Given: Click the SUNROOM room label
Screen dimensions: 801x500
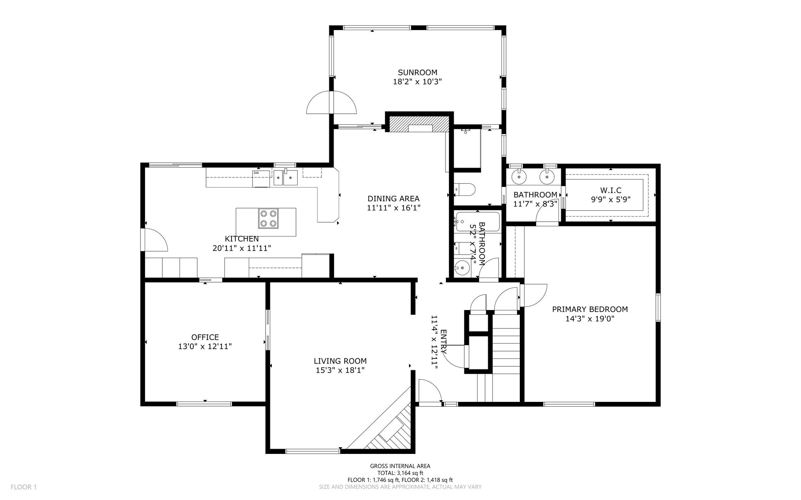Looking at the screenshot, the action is [x=417, y=72].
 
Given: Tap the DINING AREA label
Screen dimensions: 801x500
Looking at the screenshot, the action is [x=393, y=199].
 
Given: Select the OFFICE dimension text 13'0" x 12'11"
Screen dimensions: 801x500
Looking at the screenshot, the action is [x=205, y=346].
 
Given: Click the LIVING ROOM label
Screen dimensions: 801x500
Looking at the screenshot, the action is [x=340, y=361].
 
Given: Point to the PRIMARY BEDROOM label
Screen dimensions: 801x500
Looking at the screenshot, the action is [x=590, y=309].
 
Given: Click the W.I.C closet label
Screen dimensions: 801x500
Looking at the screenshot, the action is [x=611, y=190].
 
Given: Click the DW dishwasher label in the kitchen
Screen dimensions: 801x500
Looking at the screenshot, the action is [x=256, y=173].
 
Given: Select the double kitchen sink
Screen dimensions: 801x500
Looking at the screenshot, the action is [x=285, y=177].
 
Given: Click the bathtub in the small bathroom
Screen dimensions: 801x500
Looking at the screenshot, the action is [x=477, y=222].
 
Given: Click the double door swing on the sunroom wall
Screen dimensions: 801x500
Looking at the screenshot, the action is [x=332, y=102].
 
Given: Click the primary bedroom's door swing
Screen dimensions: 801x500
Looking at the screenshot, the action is [x=533, y=295].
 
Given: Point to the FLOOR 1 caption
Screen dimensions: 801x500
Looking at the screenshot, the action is [x=23, y=487].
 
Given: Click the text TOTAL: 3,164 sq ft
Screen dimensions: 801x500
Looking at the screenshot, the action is [x=400, y=473].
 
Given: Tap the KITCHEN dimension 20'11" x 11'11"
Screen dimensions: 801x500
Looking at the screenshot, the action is [x=242, y=248].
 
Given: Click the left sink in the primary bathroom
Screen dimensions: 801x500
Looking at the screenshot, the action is [x=519, y=177].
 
